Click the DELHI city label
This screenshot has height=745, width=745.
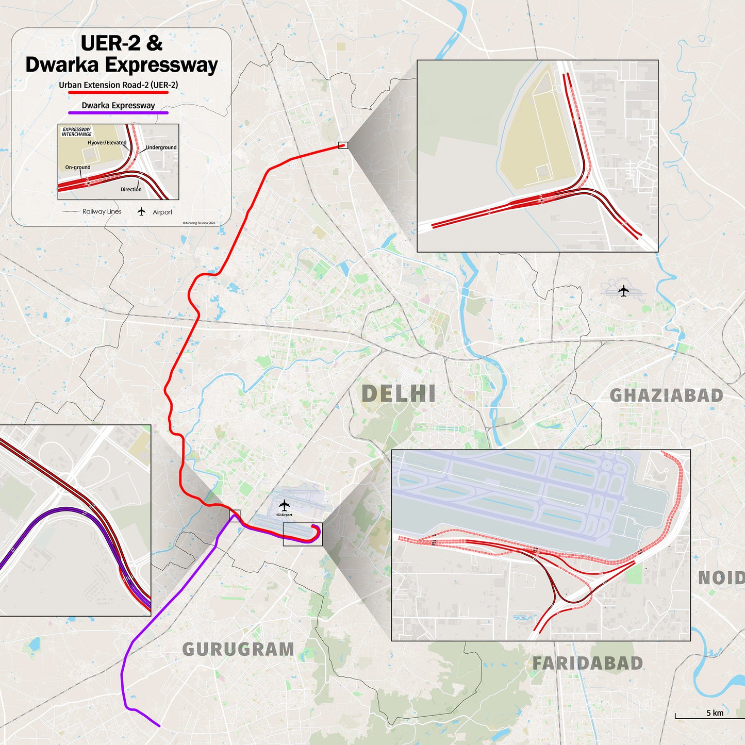click(x=398, y=394)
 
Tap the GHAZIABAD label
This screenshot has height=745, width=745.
click(x=666, y=395)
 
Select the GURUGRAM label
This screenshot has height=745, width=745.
click(x=238, y=649)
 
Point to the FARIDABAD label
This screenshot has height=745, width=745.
click(x=587, y=664)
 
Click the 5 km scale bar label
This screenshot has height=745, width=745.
click(x=715, y=713)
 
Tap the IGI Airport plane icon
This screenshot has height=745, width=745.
click(x=284, y=505)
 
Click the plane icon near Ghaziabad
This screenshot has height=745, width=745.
click(x=624, y=291)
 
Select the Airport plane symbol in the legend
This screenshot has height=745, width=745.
click(x=141, y=212)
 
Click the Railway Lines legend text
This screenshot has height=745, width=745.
click(x=102, y=211)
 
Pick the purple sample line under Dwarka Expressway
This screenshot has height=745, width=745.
click(x=118, y=113)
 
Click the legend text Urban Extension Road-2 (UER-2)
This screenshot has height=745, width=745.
click(x=118, y=85)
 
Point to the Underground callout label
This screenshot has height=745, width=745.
click(x=161, y=147)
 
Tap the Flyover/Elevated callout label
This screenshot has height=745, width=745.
click(x=107, y=143)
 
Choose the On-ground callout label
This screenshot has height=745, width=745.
click(x=78, y=167)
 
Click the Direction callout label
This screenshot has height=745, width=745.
click(x=131, y=189)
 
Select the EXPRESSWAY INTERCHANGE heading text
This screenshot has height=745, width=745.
click(x=77, y=132)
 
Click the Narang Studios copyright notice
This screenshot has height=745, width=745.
click(x=199, y=223)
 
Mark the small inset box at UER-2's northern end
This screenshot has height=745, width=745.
click(x=343, y=145)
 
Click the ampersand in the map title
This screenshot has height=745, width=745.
click(x=154, y=43)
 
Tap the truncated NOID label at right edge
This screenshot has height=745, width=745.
click(x=721, y=578)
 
